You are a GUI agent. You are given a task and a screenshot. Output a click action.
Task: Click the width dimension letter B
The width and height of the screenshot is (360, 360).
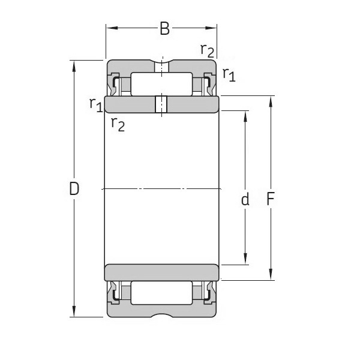[x=164, y=28]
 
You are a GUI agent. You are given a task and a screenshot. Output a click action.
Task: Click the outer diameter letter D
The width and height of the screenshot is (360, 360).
[x=74, y=189]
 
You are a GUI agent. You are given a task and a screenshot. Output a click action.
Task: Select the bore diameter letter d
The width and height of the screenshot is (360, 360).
[x=245, y=200]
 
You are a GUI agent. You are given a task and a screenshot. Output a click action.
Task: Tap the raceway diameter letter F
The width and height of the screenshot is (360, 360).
[x=271, y=200]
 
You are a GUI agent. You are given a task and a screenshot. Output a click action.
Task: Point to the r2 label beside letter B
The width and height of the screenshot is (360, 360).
[x=207, y=50]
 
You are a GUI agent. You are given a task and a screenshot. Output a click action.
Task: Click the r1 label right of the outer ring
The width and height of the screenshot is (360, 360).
[x=229, y=74]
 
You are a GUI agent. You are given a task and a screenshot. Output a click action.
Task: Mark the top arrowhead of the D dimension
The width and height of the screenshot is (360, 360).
[x=74, y=64]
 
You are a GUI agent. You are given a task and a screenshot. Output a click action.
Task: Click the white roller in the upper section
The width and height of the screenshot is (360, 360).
[x=161, y=84]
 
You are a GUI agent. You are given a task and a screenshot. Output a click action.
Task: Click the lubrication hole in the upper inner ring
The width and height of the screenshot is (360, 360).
[x=161, y=104]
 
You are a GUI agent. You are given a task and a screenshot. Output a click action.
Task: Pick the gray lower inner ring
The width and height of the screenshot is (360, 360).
[x=161, y=272]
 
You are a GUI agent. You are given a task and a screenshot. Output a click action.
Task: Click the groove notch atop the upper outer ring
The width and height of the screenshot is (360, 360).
[x=161, y=62]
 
